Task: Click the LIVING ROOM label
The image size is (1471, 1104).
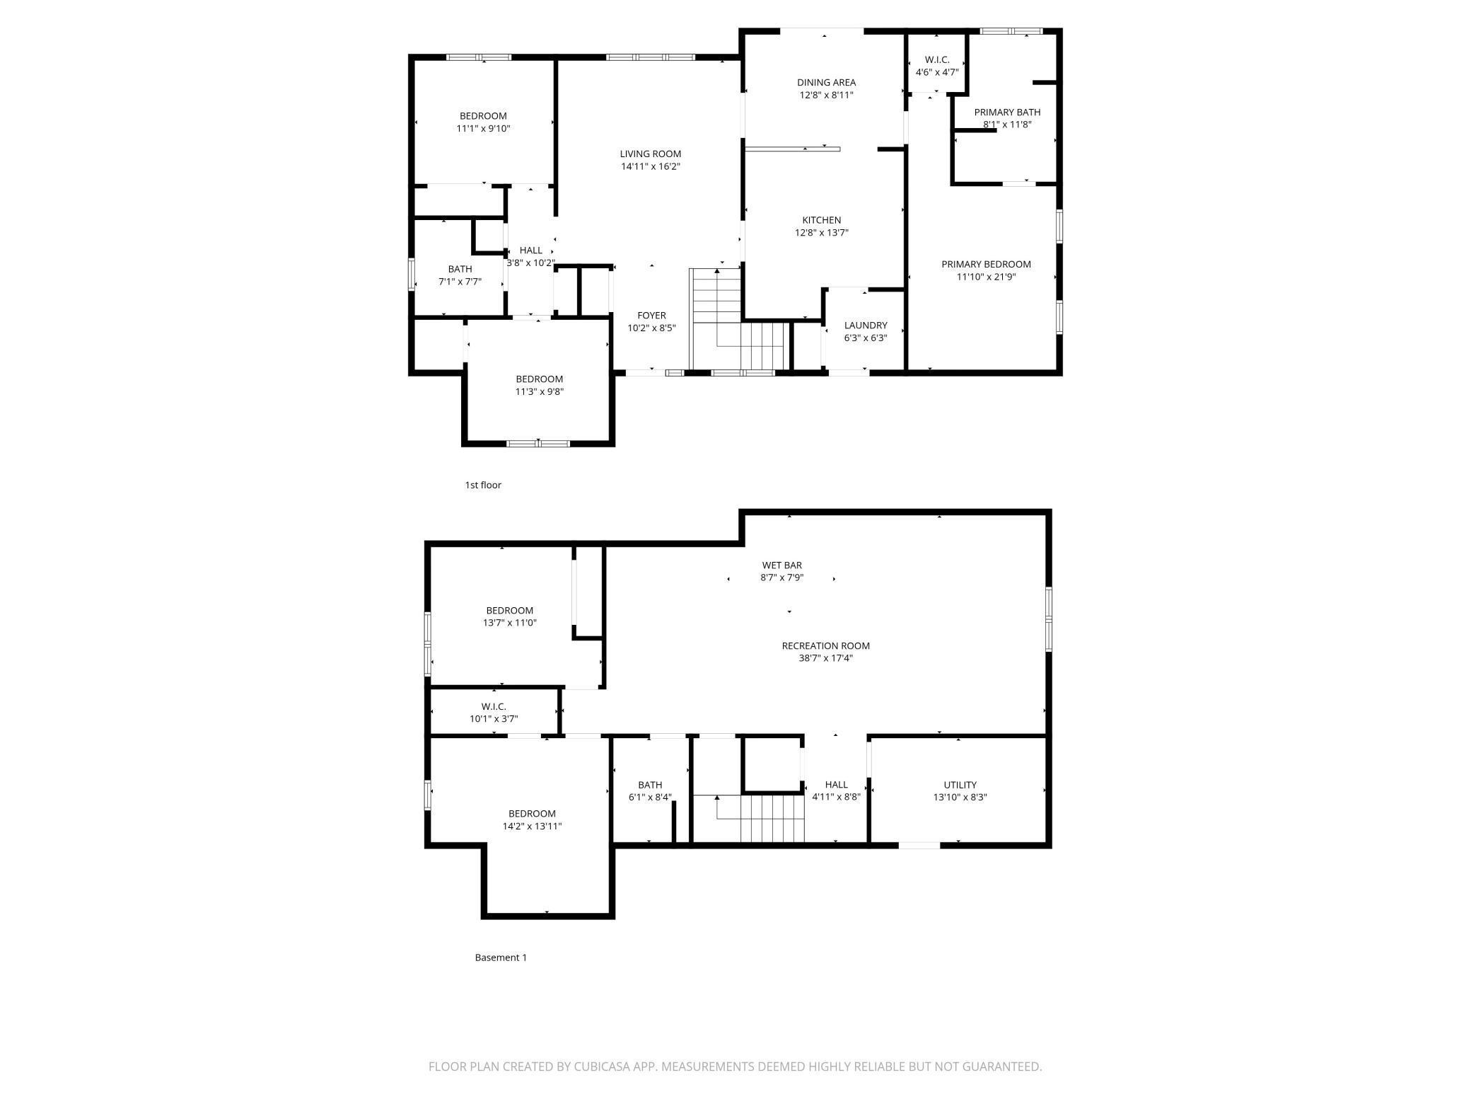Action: [x=650, y=154]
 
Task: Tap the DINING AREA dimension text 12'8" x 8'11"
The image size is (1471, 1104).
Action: [x=826, y=95]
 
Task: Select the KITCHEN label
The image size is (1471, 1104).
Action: [x=821, y=220]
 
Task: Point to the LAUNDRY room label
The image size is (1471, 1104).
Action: [x=865, y=326]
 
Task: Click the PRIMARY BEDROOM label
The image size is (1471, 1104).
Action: [x=986, y=264]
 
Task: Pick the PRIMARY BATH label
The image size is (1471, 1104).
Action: [x=1007, y=112]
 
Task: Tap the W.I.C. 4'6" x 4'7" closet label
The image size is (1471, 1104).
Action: [x=936, y=59]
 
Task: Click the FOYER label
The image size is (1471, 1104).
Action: [x=651, y=316]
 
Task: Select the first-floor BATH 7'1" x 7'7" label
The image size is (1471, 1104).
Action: [x=460, y=269]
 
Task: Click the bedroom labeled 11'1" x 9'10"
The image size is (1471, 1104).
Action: [x=483, y=116]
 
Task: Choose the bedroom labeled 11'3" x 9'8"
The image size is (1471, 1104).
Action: [x=539, y=379]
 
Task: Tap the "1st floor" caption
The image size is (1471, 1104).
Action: [x=483, y=485]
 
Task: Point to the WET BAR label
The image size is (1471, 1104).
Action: [x=781, y=565]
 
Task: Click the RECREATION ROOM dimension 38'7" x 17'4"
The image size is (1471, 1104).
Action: [x=825, y=658]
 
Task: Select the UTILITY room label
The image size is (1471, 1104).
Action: [x=960, y=784]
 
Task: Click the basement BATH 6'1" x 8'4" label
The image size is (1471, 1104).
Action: [x=650, y=784]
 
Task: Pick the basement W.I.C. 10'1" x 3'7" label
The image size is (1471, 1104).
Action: [x=494, y=706]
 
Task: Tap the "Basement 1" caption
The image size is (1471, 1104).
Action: [x=501, y=958]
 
